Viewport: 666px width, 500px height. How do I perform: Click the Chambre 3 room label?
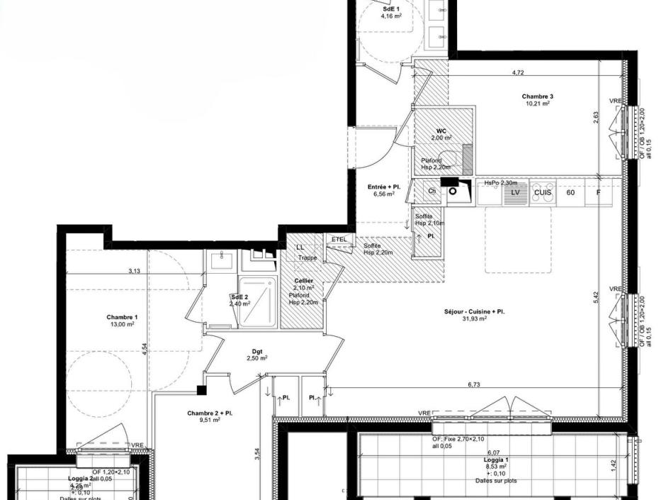tap(537, 96)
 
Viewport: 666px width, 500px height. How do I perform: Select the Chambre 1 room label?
tap(122, 317)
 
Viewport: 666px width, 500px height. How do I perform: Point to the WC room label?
tap(441, 131)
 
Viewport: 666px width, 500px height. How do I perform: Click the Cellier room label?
tap(304, 282)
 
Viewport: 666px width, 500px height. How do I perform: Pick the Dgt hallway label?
tap(256, 350)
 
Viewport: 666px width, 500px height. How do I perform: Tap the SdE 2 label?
tap(239, 297)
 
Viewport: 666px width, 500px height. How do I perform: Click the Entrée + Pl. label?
tap(384, 187)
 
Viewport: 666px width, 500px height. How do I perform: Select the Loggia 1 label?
tap(495, 460)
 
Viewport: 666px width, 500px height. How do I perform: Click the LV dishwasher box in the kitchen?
tap(516, 192)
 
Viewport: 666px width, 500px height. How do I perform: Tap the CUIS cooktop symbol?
tap(543, 192)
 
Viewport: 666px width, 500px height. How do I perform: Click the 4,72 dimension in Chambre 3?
tap(518, 72)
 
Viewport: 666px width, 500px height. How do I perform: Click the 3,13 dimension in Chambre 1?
tap(134, 271)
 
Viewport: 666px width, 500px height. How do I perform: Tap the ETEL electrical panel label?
tap(339, 240)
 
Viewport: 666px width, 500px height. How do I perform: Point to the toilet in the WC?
tap(466, 157)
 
